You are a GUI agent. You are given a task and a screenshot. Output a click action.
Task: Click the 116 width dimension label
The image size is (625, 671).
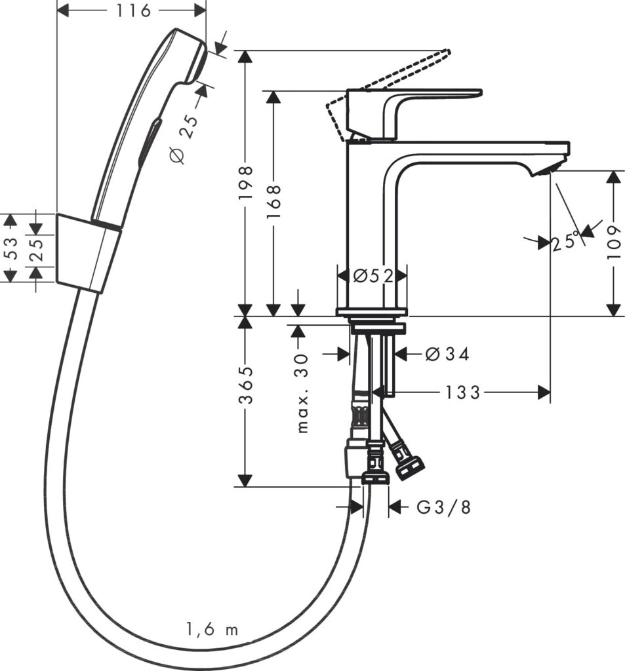click(132, 10)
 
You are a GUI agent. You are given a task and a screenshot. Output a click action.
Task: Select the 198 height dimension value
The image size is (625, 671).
click(245, 183)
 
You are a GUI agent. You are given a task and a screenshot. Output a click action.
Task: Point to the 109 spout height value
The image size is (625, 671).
click(614, 242)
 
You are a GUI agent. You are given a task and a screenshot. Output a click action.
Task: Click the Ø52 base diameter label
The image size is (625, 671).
click(372, 276)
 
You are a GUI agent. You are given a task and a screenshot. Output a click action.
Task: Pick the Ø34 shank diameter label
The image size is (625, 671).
click(447, 354)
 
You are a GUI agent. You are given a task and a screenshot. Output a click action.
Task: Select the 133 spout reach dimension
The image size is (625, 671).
click(463, 393)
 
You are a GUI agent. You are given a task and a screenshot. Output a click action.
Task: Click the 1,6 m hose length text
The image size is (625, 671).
click(212, 630)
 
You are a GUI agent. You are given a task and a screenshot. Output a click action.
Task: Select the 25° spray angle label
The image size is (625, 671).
click(566, 242)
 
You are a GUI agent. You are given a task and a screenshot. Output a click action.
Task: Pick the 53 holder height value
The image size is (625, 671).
click(9, 248)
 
